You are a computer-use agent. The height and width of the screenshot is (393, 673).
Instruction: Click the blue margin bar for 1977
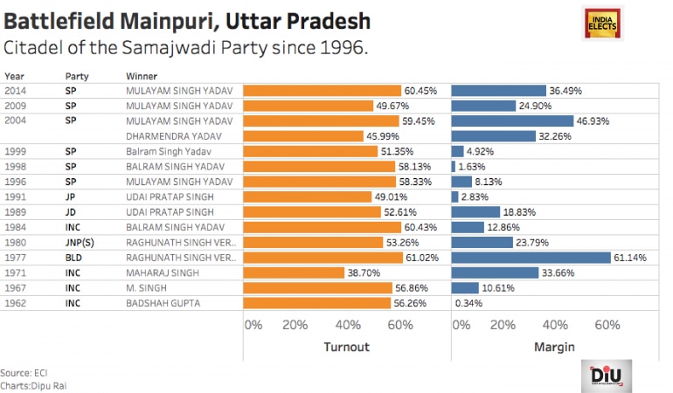[531, 258]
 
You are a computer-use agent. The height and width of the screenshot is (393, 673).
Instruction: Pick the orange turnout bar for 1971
[293, 272]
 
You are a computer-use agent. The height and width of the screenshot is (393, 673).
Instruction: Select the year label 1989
[16, 212]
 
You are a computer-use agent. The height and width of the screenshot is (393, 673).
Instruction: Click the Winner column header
[142, 76]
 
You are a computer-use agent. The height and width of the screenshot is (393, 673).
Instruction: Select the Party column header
[77, 76]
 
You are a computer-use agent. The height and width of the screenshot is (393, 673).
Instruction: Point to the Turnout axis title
[346, 347]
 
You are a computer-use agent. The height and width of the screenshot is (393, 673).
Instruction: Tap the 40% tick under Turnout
[349, 325]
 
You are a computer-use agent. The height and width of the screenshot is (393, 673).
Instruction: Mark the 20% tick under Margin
[503, 325]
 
